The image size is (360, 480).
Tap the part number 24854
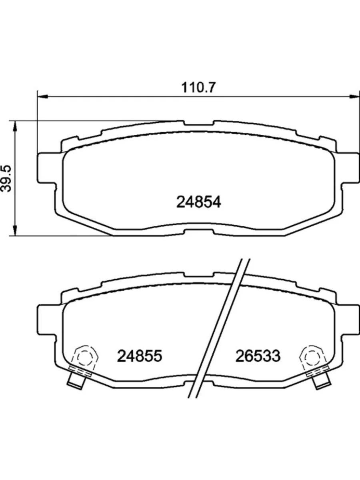[199, 202]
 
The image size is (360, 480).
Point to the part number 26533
[258, 355]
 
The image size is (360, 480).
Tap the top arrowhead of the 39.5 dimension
[15, 126]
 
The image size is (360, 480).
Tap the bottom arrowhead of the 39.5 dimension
[15, 231]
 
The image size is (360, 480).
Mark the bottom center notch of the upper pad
[199, 231]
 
